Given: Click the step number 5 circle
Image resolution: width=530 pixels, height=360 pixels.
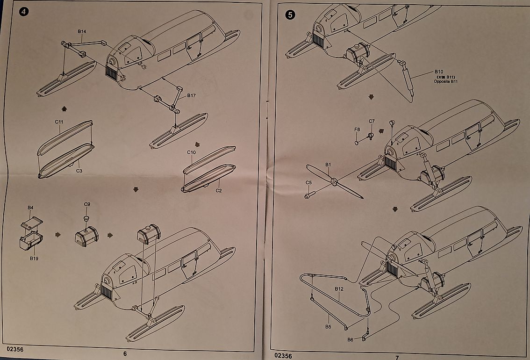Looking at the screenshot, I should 290,14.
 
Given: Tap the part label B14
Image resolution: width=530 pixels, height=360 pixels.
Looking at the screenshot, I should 82,32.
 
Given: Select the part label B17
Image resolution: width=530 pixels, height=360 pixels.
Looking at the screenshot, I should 191,95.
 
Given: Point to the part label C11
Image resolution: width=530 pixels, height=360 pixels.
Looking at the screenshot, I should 59,122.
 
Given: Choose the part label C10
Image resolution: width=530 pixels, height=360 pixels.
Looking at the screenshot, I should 191,152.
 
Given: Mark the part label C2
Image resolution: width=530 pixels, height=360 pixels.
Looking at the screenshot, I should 219,191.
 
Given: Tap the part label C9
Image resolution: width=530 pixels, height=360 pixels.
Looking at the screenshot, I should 87,204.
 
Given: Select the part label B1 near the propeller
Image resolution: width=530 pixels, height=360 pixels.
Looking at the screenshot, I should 328,165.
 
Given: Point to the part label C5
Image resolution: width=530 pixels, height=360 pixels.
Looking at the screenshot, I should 308,182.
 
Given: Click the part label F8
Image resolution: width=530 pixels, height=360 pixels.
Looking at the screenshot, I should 357,129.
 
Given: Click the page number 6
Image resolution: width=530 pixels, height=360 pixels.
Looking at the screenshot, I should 125,353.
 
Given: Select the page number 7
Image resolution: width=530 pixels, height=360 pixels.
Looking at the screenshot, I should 396,356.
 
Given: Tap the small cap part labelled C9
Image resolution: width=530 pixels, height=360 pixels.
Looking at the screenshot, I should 86,218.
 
